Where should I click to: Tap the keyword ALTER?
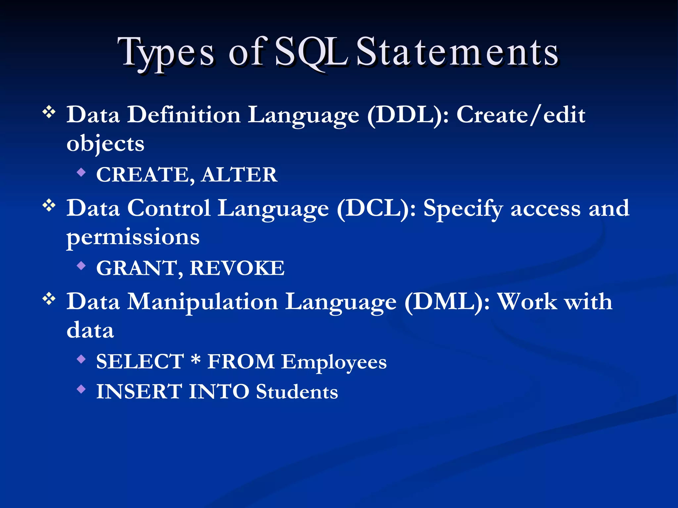[x=239, y=175]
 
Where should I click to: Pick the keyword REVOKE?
[x=237, y=268]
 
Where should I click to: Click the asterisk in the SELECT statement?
[x=196, y=359]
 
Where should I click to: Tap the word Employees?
[x=334, y=362]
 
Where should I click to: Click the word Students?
[x=297, y=392]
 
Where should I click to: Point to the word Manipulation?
[x=203, y=302]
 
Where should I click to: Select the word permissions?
[x=133, y=237]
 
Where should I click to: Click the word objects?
[x=105, y=144]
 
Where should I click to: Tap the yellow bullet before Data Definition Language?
[x=49, y=112]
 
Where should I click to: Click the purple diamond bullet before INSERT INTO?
[x=81, y=389]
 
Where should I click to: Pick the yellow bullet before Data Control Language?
[x=49, y=206]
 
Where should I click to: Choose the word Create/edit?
[x=520, y=115]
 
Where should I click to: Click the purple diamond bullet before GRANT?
[x=81, y=265]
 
